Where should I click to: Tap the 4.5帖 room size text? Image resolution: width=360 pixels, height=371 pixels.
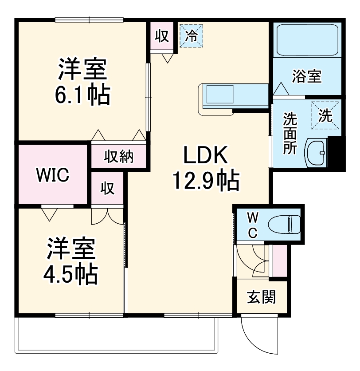point(70,274)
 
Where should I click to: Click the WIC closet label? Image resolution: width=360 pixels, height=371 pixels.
point(53,175)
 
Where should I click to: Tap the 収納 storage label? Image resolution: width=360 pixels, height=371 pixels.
point(119,157)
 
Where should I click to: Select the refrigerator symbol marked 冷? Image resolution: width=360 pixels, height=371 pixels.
point(191,36)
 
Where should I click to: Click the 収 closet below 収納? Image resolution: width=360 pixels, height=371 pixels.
point(108,189)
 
